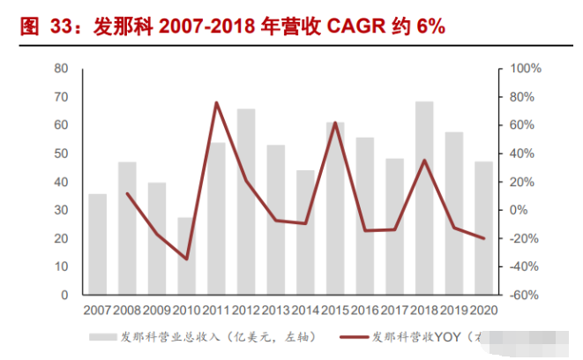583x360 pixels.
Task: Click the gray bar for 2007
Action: pos(97,244)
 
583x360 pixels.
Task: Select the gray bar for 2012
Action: pos(246,202)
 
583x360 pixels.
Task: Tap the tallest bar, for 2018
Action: pos(424,199)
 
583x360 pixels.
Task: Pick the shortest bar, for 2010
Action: pos(186,256)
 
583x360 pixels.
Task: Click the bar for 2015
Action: pos(335,208)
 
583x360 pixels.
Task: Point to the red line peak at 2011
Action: pos(216,103)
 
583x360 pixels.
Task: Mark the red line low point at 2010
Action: pos(186,259)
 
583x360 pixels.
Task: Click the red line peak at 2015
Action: pos(335,123)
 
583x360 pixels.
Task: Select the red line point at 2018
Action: pos(424,161)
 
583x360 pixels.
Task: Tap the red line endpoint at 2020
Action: pos(483,238)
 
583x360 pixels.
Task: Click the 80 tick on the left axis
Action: pos(62,68)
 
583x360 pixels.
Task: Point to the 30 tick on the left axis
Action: pos(62,210)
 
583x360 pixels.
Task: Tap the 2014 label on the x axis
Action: pos(305,310)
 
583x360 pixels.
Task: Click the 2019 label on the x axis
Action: pos(453,310)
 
